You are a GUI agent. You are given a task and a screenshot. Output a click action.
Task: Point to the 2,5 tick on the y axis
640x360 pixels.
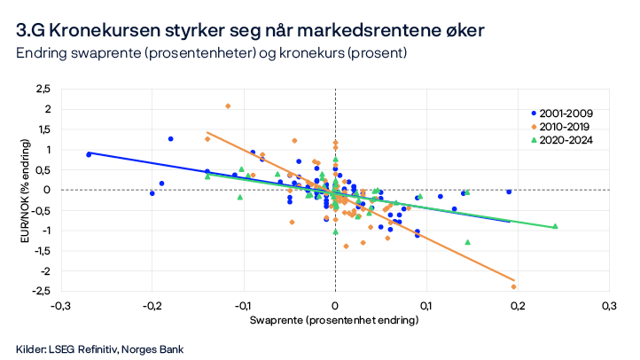(x=43, y=89)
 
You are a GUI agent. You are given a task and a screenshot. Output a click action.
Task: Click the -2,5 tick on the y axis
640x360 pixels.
(x=41, y=291)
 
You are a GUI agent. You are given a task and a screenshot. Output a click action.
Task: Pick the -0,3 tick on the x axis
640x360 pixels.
(x=60, y=305)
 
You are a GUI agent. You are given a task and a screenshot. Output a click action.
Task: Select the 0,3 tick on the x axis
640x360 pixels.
(x=608, y=305)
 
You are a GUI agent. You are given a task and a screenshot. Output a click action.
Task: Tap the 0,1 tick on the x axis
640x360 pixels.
(x=426, y=305)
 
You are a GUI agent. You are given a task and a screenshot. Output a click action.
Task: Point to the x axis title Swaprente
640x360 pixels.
(x=334, y=319)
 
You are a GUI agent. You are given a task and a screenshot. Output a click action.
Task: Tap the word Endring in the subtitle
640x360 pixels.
(x=41, y=54)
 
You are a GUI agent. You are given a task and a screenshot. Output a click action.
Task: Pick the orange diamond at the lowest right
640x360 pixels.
(x=513, y=286)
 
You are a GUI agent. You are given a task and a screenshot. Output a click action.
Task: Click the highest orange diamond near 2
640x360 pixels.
(x=228, y=106)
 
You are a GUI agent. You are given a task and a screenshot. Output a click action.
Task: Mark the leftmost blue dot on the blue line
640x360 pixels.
(x=89, y=154)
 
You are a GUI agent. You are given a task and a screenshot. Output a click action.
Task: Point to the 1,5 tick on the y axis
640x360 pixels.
(x=43, y=129)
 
